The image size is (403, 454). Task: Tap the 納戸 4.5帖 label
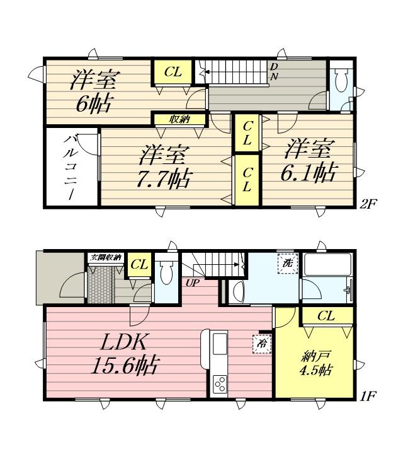tap(316, 363)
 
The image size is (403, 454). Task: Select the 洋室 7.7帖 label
tap(164, 167)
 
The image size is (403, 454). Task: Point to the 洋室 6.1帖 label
tap(309, 160)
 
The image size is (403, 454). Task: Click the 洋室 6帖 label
tap(94, 91)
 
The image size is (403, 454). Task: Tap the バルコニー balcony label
tap(69, 166)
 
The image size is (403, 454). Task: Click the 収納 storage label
tap(179, 119)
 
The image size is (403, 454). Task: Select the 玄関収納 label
tap(106, 257)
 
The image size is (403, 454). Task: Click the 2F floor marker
tap(368, 204)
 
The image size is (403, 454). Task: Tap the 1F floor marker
tap(368, 395)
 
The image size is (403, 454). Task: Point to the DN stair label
tap(274, 71)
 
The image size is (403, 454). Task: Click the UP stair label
tap(192, 283)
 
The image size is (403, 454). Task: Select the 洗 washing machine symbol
tap(288, 263)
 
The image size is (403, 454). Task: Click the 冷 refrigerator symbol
tap(263, 344)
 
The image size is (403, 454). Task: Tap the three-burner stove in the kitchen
tap(220, 384)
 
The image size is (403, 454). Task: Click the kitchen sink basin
tap(220, 344)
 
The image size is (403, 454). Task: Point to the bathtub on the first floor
tap(327, 264)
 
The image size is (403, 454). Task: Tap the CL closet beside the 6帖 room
tap(173, 72)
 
